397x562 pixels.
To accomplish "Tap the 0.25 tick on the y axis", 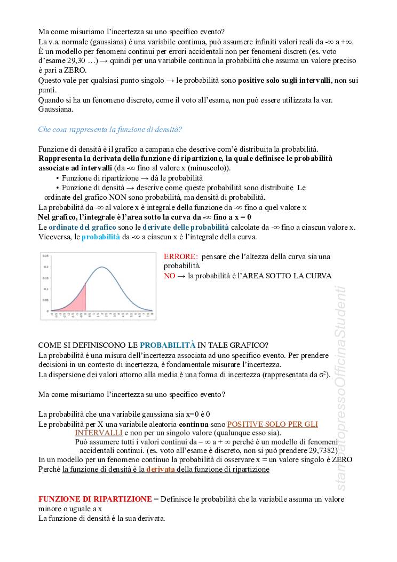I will [x=46, y=256].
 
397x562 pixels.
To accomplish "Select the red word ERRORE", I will [x=181, y=256].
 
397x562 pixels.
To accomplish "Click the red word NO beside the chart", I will [x=169, y=276].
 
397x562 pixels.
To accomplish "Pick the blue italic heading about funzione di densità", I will [x=110, y=129].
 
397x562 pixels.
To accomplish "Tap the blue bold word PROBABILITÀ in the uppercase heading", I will [x=168, y=345].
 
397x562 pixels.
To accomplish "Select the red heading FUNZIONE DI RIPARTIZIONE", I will [x=94, y=498].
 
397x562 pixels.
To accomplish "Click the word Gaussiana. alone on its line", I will [x=56, y=109].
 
